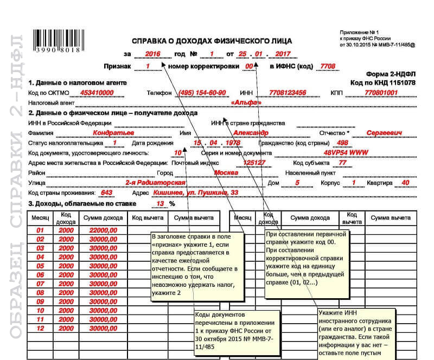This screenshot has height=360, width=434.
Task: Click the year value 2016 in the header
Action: click(154, 54)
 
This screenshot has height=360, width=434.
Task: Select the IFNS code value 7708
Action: click(328, 67)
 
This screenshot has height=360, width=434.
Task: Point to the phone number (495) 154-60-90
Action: click(202, 93)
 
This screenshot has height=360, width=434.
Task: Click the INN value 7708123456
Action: click(288, 93)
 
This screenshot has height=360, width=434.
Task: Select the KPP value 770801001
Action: click(381, 93)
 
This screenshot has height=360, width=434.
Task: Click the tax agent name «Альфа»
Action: click(246, 102)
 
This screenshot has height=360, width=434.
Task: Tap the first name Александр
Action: click(251, 133)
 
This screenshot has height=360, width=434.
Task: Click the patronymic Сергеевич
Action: click(384, 133)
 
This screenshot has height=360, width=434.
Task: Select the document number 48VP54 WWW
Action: click(346, 153)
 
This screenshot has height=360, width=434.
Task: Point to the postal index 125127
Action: click(254, 163)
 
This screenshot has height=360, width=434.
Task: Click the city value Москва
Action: click(226, 173)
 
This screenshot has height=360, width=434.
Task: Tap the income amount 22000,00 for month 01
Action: click(103, 230)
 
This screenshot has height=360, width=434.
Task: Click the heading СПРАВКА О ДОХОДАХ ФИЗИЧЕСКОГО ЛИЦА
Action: click(212, 41)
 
